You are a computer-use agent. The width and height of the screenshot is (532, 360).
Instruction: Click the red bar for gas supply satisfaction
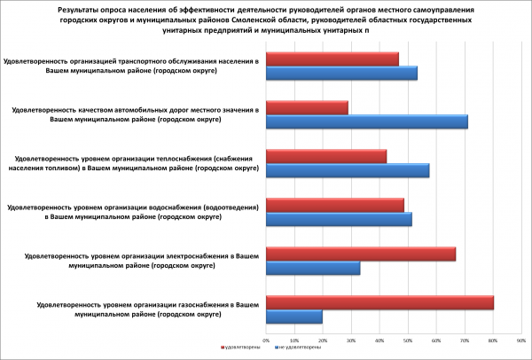379,303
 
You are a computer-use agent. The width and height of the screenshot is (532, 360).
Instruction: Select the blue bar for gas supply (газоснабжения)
294,317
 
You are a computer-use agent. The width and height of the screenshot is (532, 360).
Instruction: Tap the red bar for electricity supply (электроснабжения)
361,254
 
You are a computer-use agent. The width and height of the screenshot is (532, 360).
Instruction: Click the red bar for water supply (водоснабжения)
335,205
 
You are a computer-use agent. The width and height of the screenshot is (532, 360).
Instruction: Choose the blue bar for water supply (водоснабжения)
339,219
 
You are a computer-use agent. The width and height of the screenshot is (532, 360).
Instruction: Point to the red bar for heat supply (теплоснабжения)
326,156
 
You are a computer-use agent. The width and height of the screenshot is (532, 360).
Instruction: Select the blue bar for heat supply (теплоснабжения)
348,170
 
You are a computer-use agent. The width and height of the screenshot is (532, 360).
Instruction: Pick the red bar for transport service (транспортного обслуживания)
332,59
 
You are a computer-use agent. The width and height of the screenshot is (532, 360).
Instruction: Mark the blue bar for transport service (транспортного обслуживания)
341,73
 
